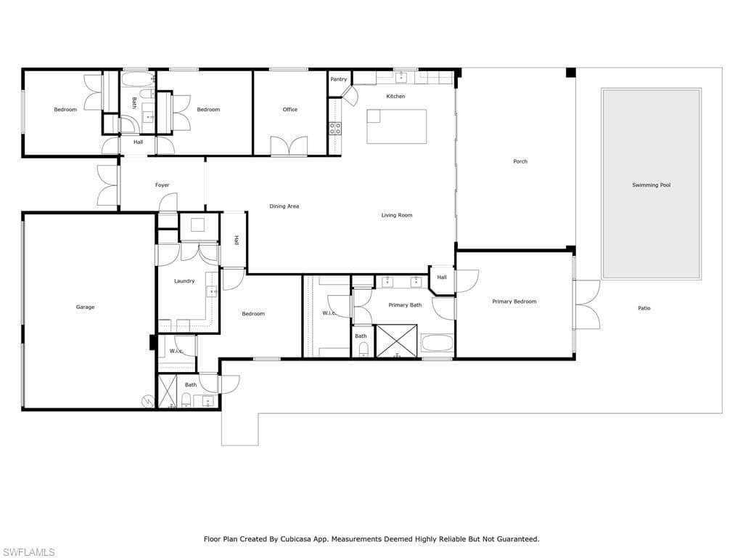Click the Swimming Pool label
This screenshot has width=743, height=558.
coord(651,185)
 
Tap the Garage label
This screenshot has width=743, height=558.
coord(85,307)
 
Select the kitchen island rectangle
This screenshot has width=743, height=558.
coord(396,126)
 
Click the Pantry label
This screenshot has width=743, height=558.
coord(338,79)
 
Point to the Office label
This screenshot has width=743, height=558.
coord(290,110)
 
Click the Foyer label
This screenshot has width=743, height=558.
coord(163,185)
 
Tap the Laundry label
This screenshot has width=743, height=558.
coord(184,281)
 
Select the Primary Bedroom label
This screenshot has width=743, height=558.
coord(514,302)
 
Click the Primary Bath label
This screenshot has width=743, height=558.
coord(405,305)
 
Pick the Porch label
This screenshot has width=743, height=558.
coord(520,161)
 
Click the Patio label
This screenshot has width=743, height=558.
coord(644,308)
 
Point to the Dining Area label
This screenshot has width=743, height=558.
coord(284,206)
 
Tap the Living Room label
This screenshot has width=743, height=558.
coord(397,215)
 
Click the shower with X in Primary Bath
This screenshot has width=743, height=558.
coord(396,341)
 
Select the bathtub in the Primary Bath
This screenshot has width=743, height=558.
coord(437,343)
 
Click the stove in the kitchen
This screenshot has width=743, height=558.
coord(335,129)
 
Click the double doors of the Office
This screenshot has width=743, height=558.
coord(289,146)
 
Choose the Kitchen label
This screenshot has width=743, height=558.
coord(395,97)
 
